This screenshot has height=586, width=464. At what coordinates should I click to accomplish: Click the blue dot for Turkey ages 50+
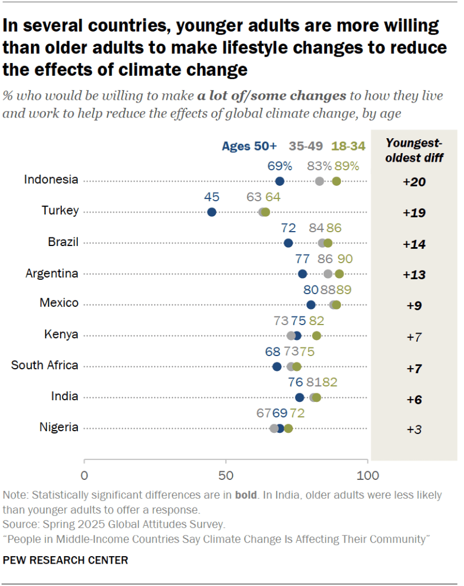(x=211, y=212)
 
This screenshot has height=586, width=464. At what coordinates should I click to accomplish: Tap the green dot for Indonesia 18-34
(x=336, y=181)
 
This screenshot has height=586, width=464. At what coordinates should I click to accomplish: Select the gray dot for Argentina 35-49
(x=328, y=274)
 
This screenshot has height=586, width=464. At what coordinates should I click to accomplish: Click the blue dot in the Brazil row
(x=288, y=243)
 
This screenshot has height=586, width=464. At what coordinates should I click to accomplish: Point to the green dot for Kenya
(x=316, y=335)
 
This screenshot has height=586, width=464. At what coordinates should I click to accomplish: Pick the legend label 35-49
(x=306, y=146)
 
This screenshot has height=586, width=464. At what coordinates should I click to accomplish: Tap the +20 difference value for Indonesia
(x=414, y=182)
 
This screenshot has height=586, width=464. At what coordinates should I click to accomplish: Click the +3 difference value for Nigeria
(x=414, y=428)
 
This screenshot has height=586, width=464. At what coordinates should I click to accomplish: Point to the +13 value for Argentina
(x=414, y=274)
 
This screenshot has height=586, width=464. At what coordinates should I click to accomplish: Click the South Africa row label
(x=45, y=365)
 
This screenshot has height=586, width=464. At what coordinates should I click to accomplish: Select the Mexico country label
(x=59, y=303)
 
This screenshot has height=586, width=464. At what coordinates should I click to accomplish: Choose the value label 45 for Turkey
(x=211, y=197)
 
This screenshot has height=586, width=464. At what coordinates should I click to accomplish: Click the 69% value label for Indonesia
(x=280, y=166)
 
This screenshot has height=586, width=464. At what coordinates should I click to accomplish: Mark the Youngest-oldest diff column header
(x=414, y=150)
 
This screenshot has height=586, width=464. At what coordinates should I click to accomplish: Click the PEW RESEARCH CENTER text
(x=65, y=560)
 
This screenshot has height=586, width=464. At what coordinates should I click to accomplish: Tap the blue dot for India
(x=300, y=397)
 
